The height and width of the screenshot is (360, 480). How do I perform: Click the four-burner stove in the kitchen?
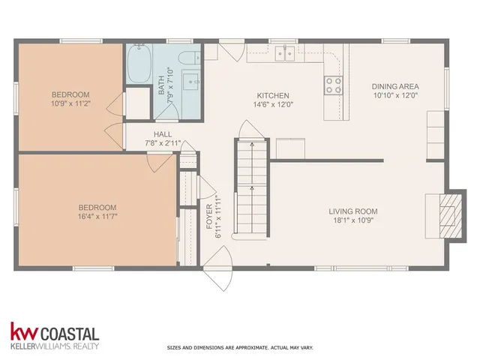point(332,85)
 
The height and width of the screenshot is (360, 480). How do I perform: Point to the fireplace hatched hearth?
point(447,212)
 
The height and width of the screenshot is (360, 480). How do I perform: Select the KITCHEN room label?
point(273,95)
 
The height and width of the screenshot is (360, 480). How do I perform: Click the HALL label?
point(163,134)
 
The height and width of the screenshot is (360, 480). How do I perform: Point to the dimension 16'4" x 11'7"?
point(97,217)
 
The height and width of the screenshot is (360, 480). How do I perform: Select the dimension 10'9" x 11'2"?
point(70,104)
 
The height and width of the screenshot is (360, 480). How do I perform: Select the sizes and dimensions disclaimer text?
point(239,348)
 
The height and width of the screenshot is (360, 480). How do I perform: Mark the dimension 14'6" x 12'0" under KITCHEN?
point(273,105)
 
